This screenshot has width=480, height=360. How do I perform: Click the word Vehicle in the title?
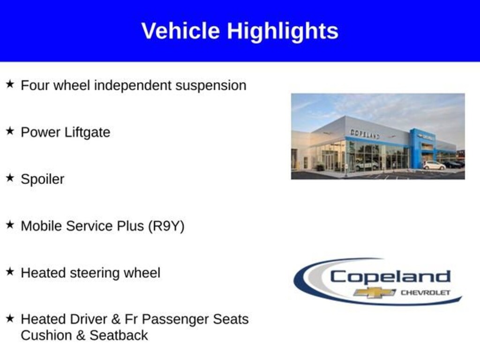pos(180,30)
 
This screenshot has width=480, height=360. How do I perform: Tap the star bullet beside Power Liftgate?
pos(10,131)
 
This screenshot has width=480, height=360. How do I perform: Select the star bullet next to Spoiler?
pos(10,178)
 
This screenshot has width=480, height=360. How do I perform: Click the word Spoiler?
pos(43,180)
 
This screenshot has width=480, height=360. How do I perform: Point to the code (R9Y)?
pos(166,226)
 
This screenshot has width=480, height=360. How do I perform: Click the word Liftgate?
pos(87,133)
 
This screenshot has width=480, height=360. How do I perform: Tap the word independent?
pos(133,86)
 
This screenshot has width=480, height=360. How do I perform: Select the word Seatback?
pos(119,335)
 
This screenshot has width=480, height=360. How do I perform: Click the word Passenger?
pos(174,319)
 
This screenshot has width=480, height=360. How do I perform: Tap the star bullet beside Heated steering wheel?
pos(10,271)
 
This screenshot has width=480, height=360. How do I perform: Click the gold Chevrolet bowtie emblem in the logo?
pos(375,292)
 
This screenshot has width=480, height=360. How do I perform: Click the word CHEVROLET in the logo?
pos(426,292)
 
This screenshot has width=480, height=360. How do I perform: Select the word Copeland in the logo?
pos(390,277)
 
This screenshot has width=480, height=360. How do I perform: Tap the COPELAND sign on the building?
pos(365,134)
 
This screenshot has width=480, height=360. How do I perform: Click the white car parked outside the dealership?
pos(434,165)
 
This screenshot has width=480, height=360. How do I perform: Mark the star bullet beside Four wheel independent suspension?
pos(10,84)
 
